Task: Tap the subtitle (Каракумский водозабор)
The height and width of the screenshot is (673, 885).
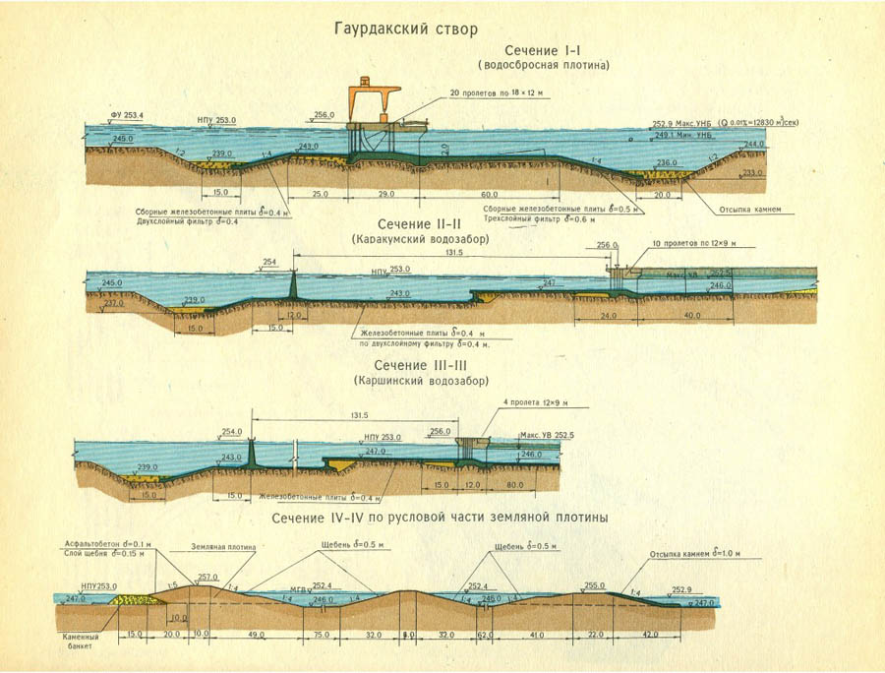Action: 420,239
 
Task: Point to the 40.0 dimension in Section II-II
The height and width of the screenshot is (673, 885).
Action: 691,316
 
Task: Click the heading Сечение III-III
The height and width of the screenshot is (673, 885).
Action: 420,365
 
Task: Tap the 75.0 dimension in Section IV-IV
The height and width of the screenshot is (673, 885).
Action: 321,636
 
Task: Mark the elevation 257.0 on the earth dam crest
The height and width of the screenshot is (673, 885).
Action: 207,578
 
